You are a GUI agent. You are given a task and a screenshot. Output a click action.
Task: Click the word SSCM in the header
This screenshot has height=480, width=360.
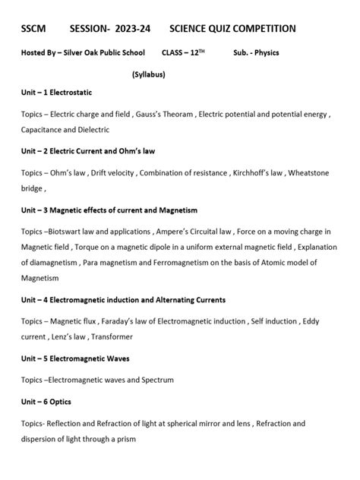click(34, 29)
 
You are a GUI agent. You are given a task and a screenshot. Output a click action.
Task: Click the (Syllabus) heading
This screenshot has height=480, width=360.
click(148, 74)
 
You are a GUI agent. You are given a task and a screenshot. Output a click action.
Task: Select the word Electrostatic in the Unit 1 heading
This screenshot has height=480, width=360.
click(70, 93)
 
